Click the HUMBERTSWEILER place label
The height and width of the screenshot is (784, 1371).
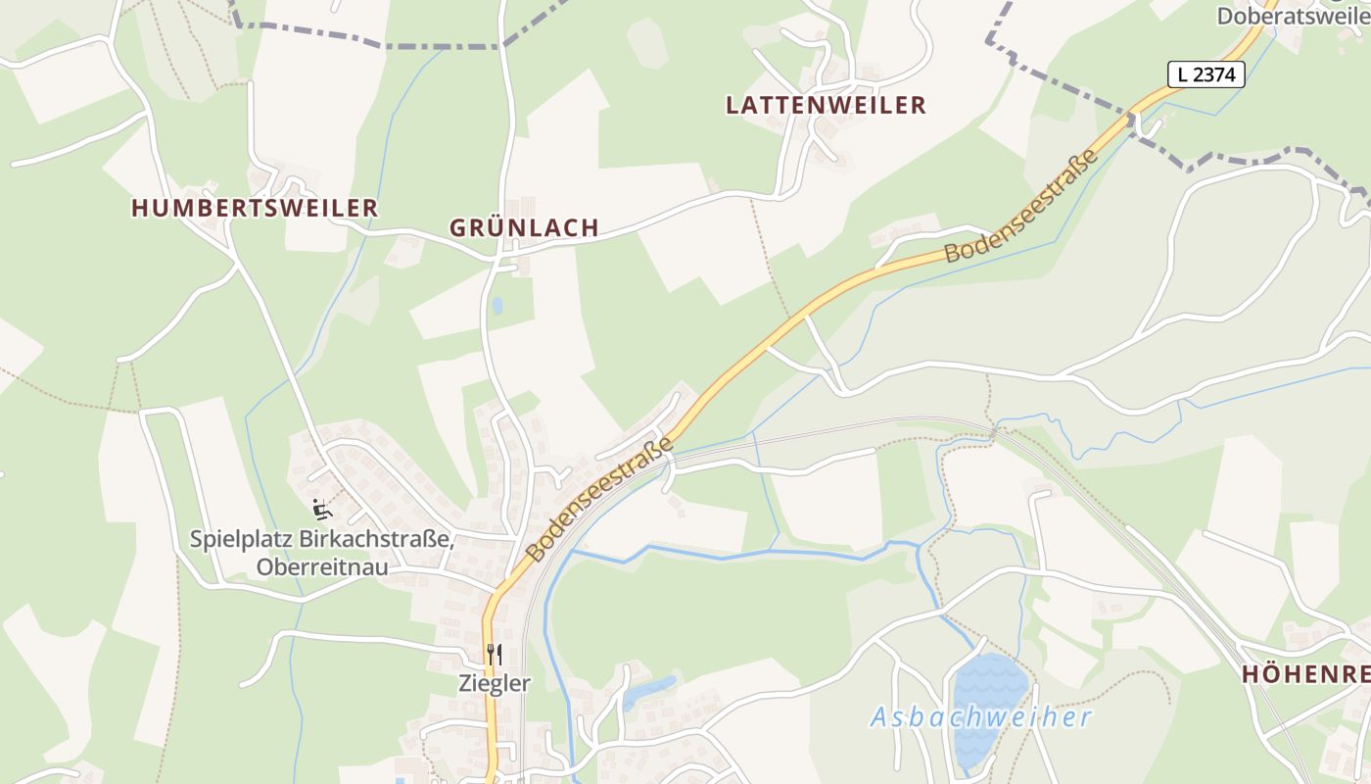point(255,208)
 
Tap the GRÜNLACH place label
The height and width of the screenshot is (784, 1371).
point(524,227)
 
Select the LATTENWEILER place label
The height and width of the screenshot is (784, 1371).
point(826,106)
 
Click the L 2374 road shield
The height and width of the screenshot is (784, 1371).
point(1206,73)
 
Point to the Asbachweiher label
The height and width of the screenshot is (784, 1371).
point(980,717)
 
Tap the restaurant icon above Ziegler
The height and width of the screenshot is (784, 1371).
point(495,654)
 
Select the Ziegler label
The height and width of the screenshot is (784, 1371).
point(495,684)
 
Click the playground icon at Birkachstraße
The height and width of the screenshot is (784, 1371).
point(321,510)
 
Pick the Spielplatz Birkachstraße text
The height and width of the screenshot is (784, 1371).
point(321,539)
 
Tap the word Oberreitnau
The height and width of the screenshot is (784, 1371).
point(321,567)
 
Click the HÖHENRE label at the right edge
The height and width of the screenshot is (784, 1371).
point(1305,674)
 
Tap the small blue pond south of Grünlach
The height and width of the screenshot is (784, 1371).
point(497,306)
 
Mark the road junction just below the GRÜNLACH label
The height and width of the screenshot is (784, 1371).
point(503,258)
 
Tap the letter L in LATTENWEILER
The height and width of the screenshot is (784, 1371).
point(732,106)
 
